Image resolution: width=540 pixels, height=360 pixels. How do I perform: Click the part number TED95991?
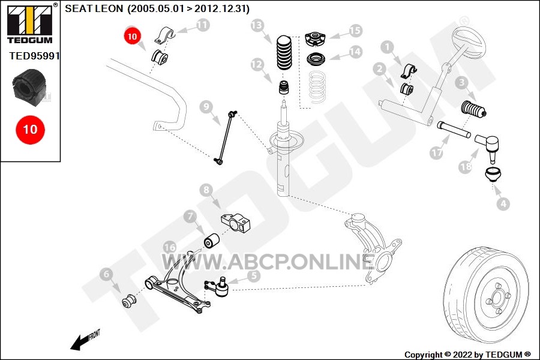coord(34,56)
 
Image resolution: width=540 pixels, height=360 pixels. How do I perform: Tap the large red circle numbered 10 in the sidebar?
coord(31,130)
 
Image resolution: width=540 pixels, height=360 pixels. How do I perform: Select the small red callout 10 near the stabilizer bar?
coord(132,36)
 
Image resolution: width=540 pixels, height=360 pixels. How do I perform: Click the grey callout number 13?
coord(257,25)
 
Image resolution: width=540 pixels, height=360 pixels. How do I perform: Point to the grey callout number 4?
coord(503,203)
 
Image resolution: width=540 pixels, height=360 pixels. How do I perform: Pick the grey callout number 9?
coord(206,107)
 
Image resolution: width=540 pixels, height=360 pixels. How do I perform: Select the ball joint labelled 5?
coord(218,287)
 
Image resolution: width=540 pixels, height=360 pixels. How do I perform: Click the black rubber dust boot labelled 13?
coord(284,53)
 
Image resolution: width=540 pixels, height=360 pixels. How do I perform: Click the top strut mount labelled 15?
coord(315,38)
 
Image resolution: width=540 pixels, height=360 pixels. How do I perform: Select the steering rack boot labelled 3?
coord(473,109)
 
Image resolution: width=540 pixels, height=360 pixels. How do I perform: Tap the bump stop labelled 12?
coord(283,88)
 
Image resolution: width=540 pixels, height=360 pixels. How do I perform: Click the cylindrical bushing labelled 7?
coord(212,241)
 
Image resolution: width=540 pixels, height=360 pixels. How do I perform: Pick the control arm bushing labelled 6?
coord(129,301)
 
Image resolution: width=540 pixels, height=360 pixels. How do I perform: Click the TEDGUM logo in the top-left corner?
coord(31,23)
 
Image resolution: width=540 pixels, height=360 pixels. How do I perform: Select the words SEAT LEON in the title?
coord(94,8)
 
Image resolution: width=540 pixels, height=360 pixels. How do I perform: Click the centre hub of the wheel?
coord(498,298)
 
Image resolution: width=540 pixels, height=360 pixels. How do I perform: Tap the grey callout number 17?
coord(436,152)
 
